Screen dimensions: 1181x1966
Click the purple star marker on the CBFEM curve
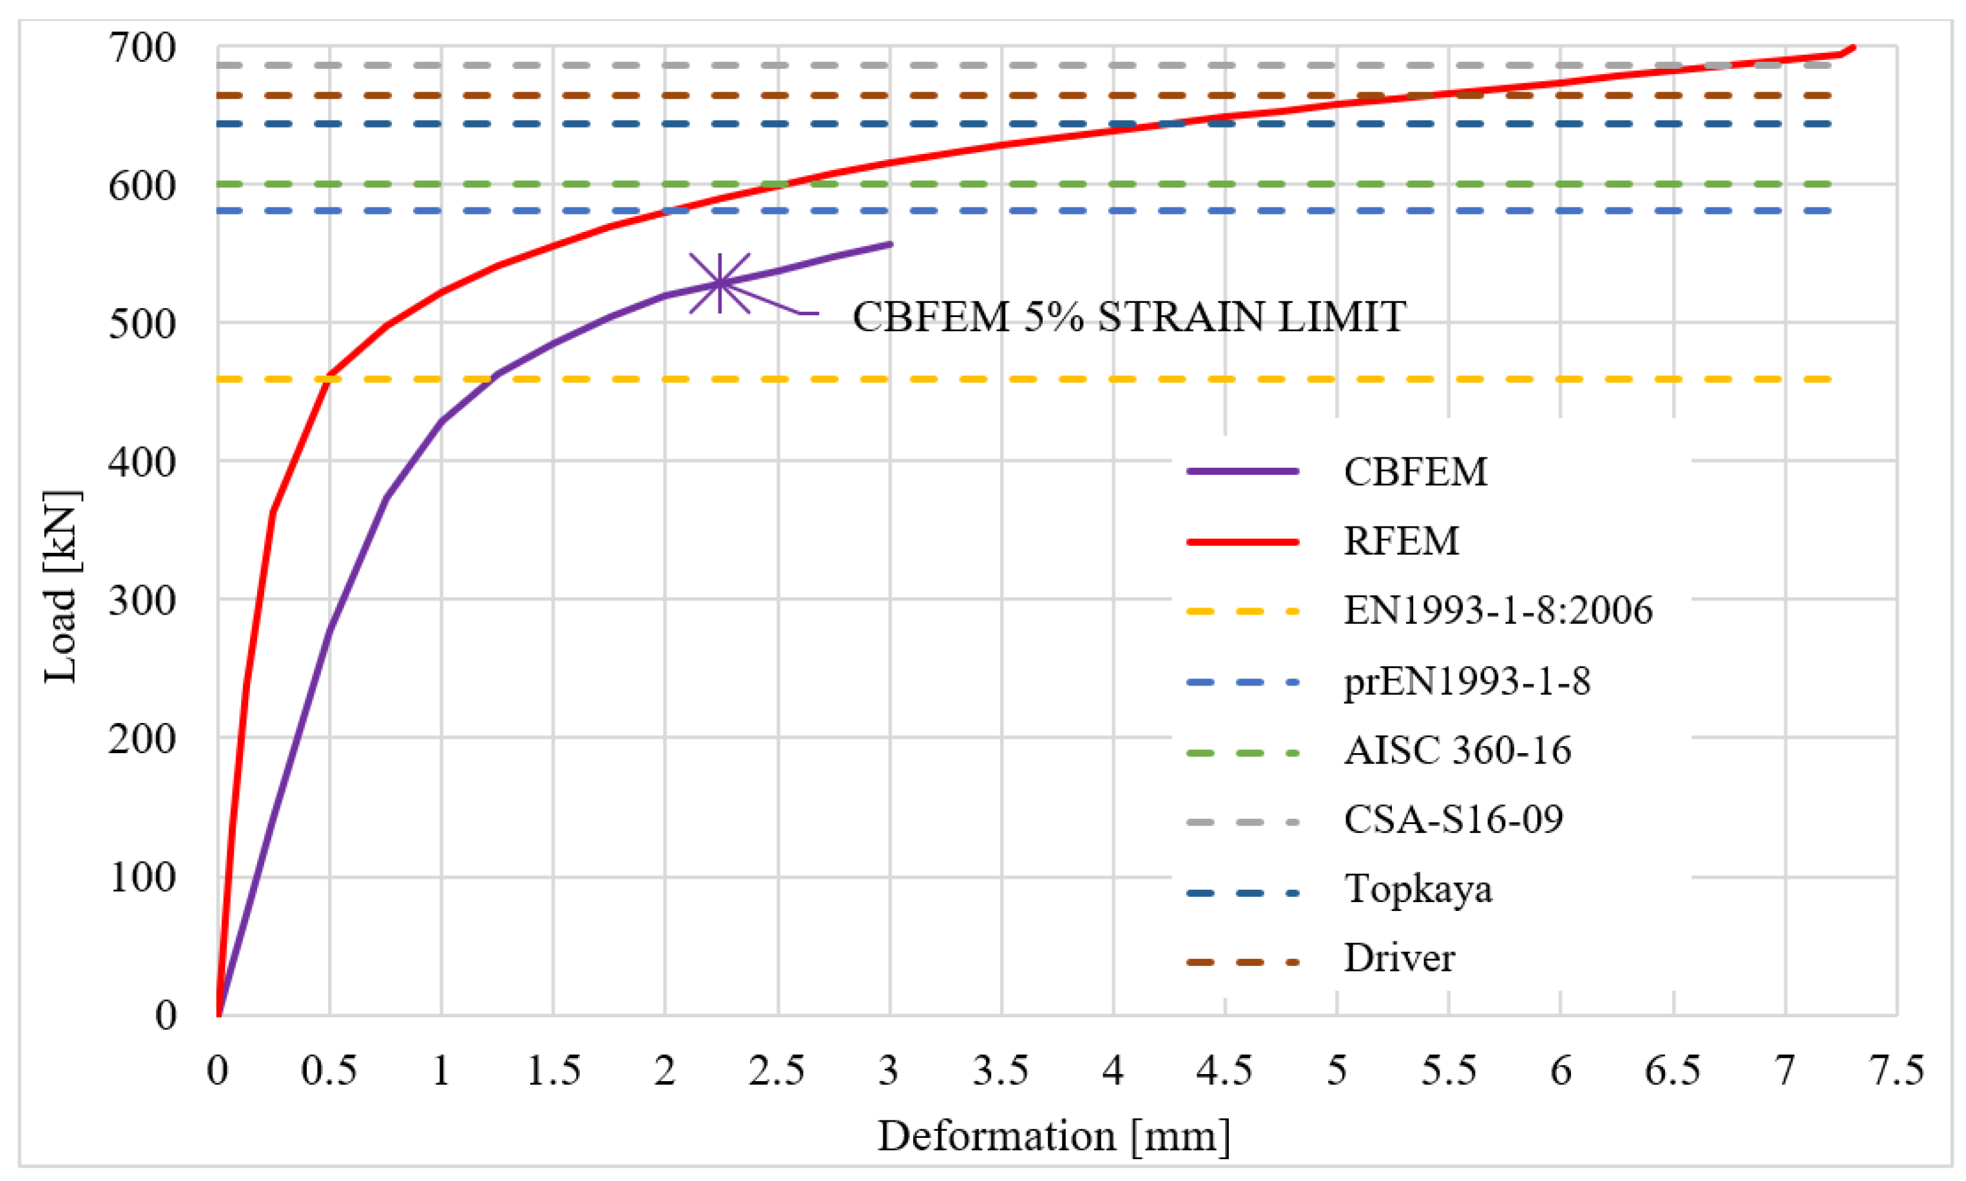pos(720,283)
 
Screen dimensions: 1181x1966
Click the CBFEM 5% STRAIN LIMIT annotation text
pos(1129,317)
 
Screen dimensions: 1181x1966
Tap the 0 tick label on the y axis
pos(166,1015)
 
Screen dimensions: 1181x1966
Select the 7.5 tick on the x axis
pos(1898,1070)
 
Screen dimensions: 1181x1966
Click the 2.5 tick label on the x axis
pos(777,1070)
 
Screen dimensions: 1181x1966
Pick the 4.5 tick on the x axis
pos(1224,1070)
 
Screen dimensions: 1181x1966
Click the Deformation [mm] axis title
pos(1054,1136)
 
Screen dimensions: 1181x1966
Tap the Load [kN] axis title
pos(61,588)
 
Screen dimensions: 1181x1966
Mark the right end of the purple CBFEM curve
pos(891,244)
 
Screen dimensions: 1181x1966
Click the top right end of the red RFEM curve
pos(1854,48)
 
